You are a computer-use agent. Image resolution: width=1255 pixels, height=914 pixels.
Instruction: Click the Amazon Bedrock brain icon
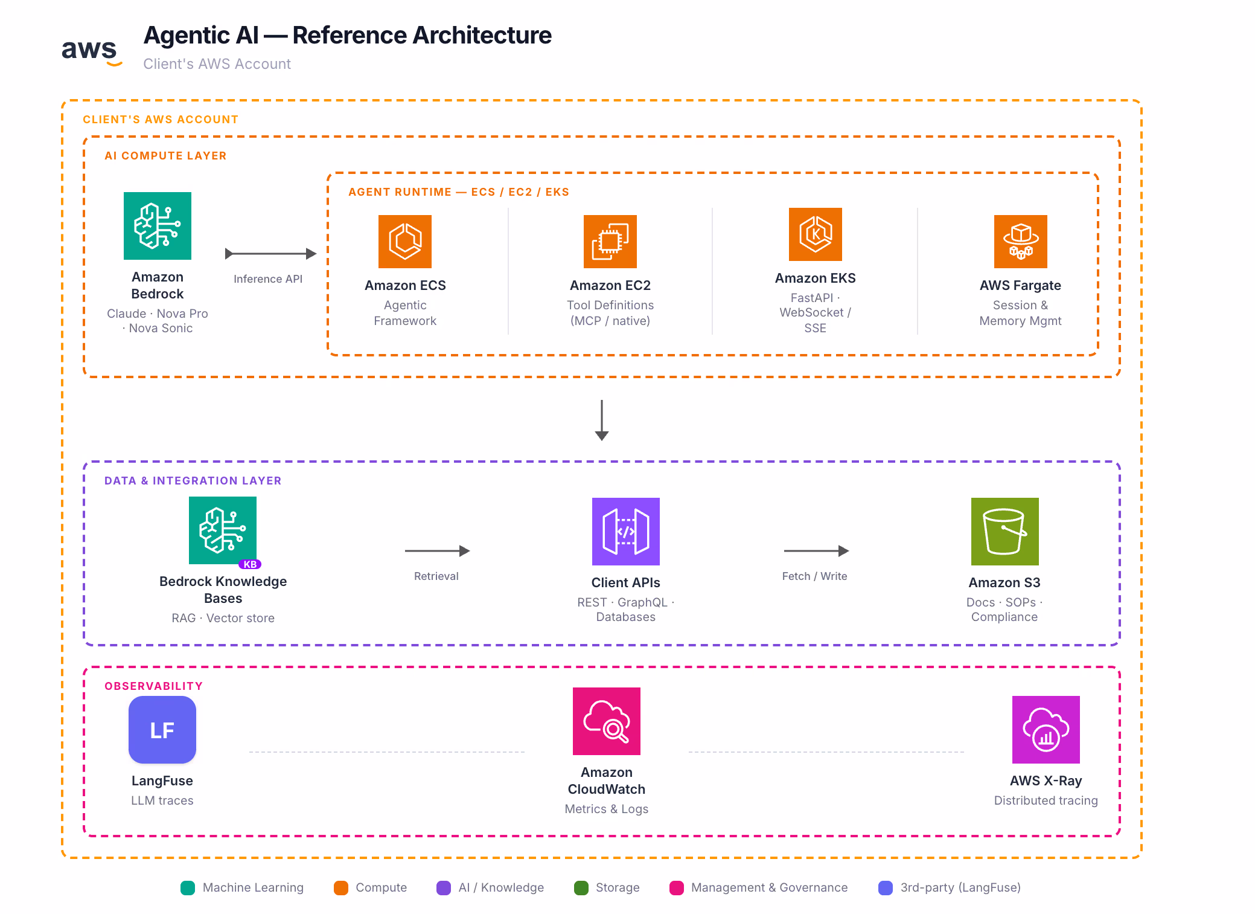pos(158,226)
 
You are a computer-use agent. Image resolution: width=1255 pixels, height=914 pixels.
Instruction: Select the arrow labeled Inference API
pos(270,254)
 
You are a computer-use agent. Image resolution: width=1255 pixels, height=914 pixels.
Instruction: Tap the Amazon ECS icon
pos(405,242)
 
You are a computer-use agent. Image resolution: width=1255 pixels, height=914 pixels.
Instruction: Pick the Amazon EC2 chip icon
pos(610,242)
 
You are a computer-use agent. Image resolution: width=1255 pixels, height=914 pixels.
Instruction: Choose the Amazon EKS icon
pos(815,234)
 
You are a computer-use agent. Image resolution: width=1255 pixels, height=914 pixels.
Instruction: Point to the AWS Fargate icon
pos(1020,242)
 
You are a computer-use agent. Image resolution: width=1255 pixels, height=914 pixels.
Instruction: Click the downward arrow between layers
pos(601,420)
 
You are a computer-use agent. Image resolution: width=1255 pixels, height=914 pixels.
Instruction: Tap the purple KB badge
pos(250,564)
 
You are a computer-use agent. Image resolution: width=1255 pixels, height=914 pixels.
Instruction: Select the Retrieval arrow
pos(437,551)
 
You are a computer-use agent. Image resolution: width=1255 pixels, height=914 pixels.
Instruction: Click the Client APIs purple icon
pos(625,532)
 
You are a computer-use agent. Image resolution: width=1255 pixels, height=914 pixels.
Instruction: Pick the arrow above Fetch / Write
pos(816,551)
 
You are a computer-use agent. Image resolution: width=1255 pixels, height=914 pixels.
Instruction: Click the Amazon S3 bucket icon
pos(1004,532)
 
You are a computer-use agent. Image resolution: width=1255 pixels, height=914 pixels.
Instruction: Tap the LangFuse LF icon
pos(162,730)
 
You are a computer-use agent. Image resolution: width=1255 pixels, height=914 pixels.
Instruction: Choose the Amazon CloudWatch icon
pos(606,721)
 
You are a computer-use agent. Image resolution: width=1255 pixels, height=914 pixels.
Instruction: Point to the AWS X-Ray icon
pos(1046,730)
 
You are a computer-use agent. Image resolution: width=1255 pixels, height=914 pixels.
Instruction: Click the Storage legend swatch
pos(581,887)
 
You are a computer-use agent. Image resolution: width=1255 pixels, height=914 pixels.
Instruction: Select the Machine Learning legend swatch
pos(188,887)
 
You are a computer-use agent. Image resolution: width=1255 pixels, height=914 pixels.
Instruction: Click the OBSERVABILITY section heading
pos(153,686)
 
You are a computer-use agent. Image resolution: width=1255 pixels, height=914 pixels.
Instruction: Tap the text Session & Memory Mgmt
pos(1020,313)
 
